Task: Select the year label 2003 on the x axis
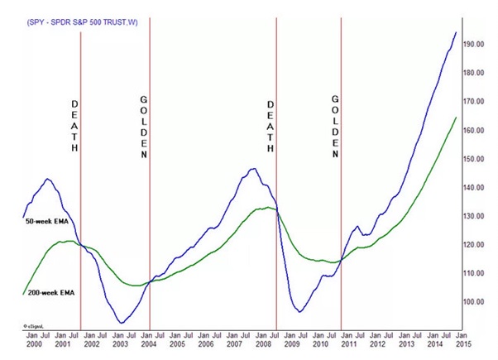pos(121,343)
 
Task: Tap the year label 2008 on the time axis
pos(263,343)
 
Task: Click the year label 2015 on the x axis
pos(462,343)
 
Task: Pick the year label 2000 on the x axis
pos(34,343)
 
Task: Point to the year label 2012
pos(377,343)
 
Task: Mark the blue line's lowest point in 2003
pos(121,323)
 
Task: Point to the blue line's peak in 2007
pos(252,169)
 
